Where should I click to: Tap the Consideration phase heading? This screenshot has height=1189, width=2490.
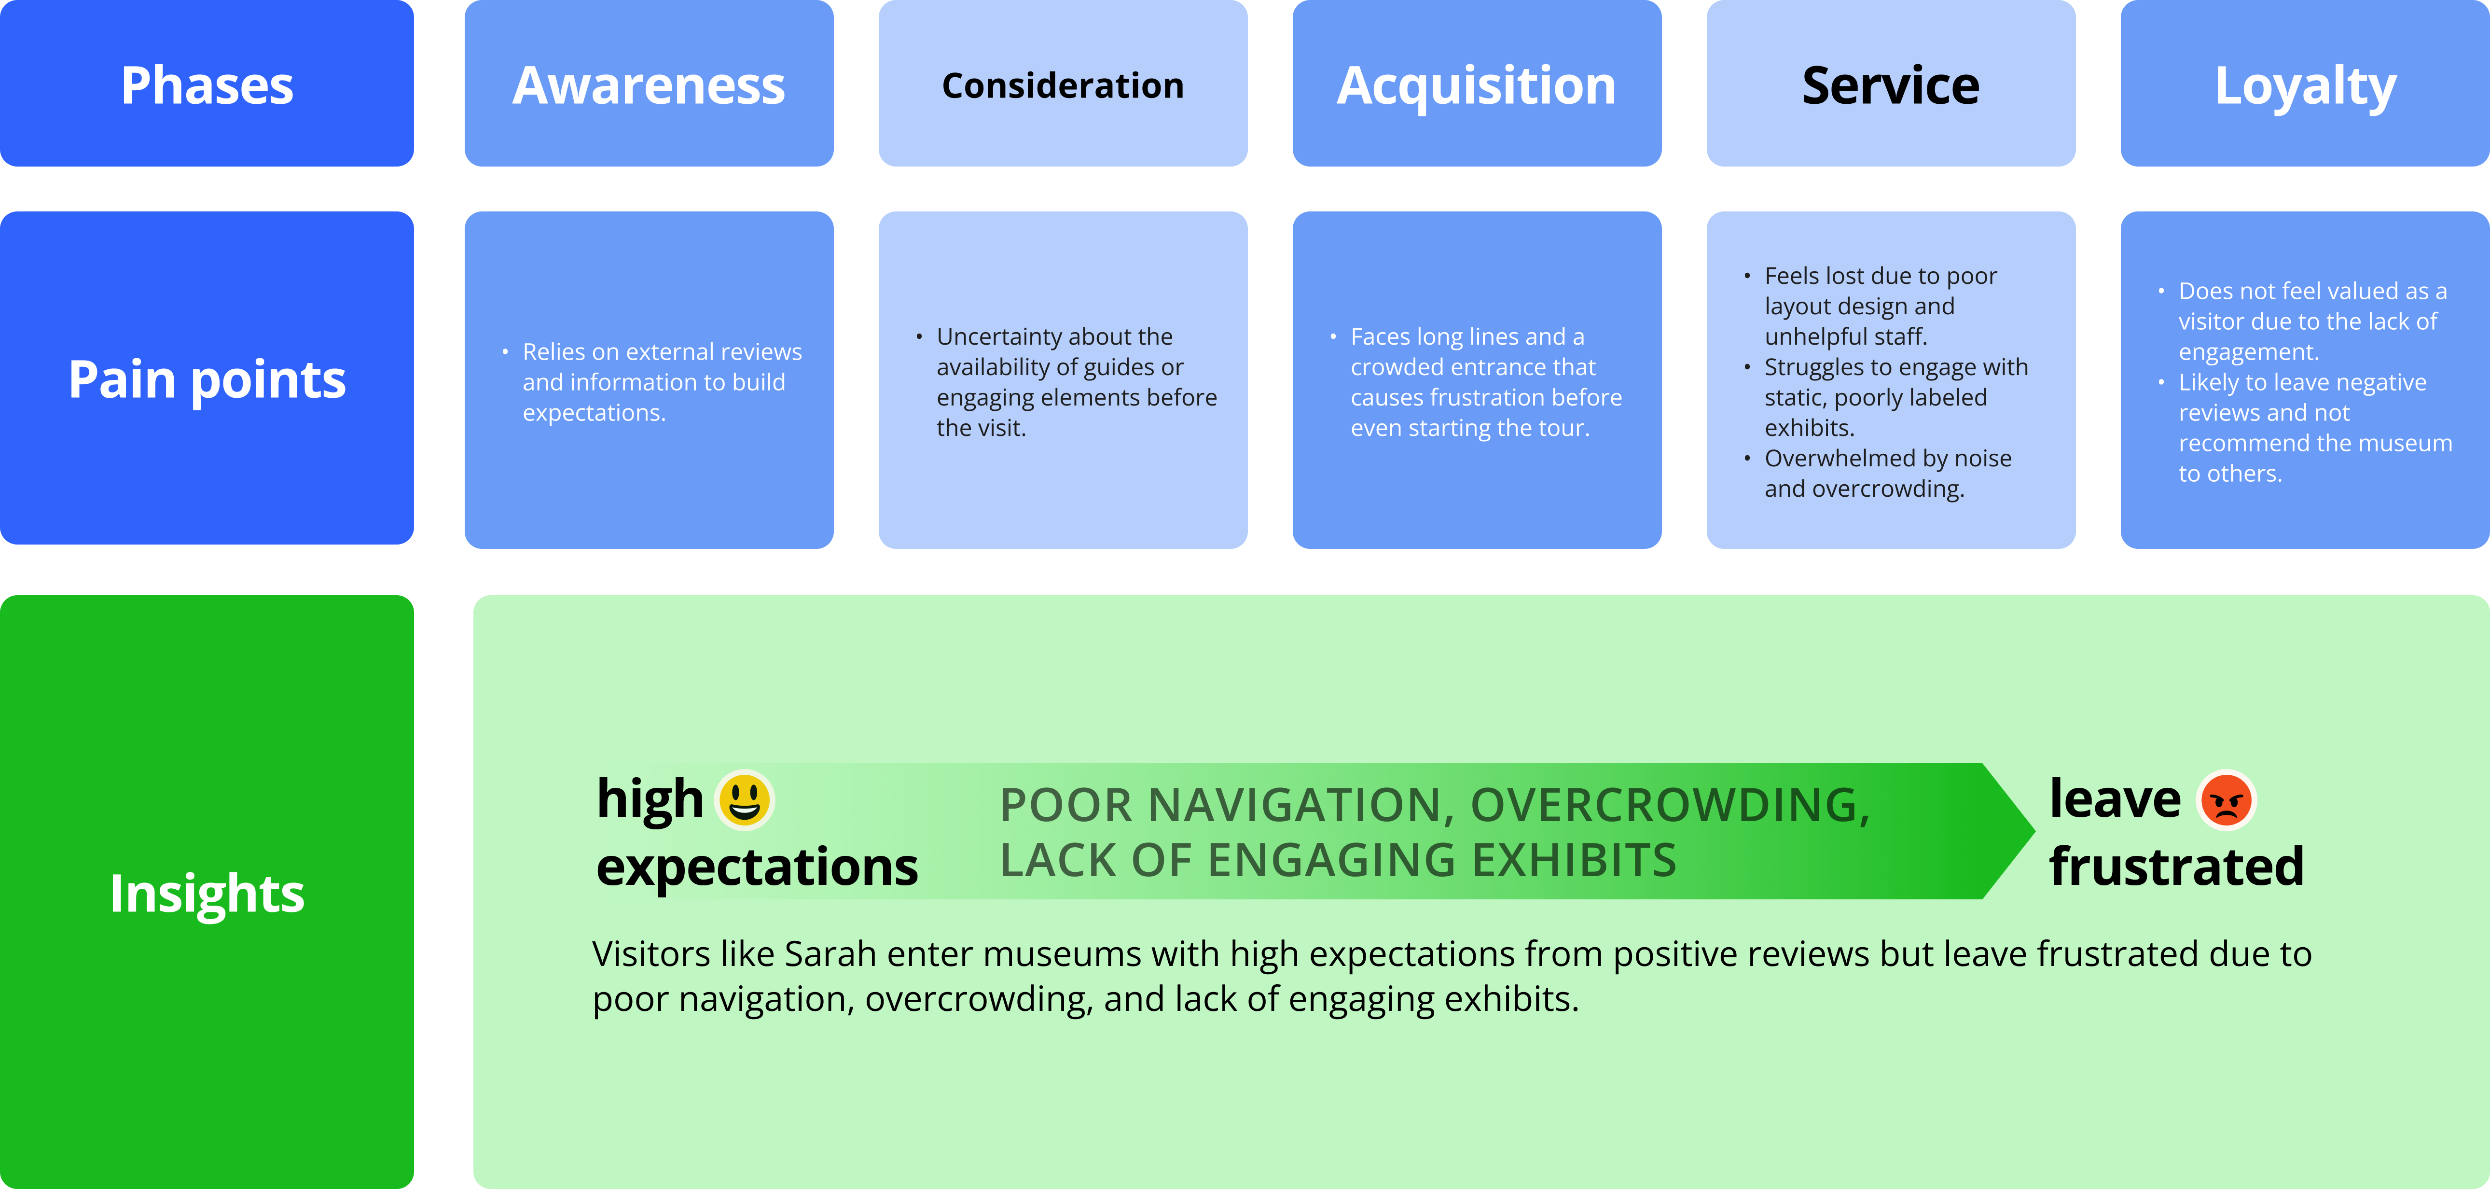click(x=1062, y=86)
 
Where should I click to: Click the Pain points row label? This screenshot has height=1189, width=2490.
click(x=207, y=379)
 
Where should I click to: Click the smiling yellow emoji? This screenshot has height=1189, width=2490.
click(x=744, y=800)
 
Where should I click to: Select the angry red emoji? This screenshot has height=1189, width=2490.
click(x=2226, y=800)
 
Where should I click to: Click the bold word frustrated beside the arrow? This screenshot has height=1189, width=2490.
click(x=2176, y=866)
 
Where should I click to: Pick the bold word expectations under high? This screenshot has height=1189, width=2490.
click(x=757, y=866)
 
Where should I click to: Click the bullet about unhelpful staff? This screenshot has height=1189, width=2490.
click(x=1880, y=306)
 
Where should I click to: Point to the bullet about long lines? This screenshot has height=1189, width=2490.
click(x=1486, y=382)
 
